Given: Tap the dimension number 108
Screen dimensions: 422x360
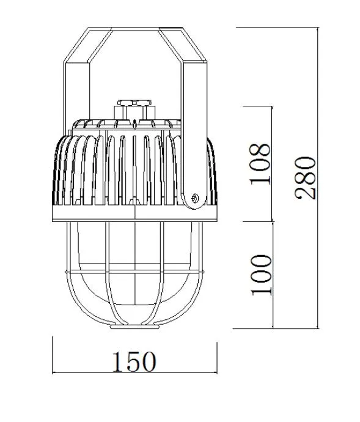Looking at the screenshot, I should coord(260,164).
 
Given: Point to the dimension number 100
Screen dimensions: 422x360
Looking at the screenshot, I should coord(260,275).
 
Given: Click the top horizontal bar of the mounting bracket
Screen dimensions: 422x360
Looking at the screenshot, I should coord(134,29).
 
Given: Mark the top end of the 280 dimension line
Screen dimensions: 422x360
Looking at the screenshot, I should coord(318,28).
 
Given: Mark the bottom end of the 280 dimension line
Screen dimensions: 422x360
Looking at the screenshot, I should coord(318,328).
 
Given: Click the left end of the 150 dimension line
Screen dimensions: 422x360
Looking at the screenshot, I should coord(53,372).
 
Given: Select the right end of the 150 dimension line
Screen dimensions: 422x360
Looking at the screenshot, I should coord(216,372).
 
